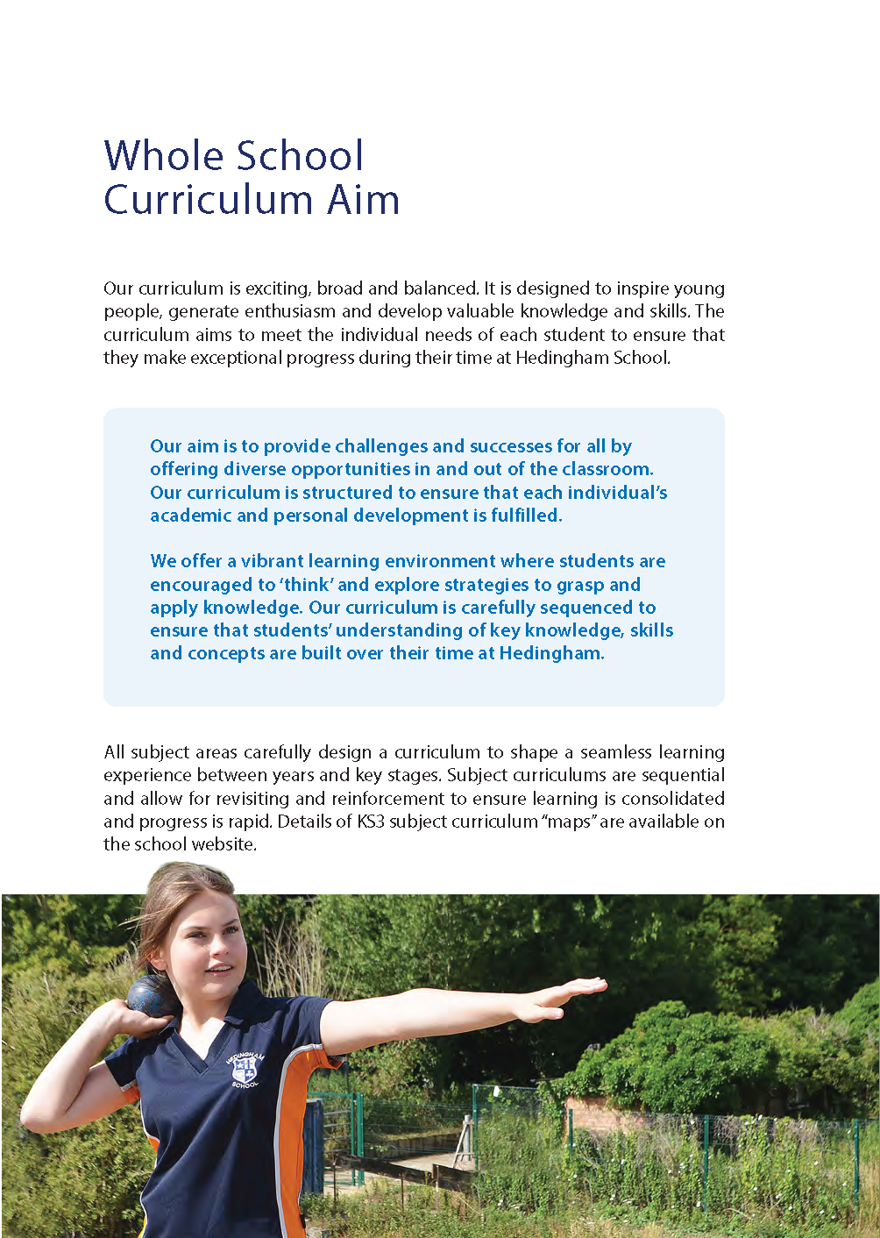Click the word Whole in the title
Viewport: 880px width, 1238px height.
pos(153,156)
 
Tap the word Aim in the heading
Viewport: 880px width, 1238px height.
pos(364,200)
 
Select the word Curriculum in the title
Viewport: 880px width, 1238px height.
pos(209,200)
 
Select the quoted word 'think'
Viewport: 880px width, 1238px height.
pos(306,585)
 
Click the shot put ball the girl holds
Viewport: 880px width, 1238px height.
pos(152,995)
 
